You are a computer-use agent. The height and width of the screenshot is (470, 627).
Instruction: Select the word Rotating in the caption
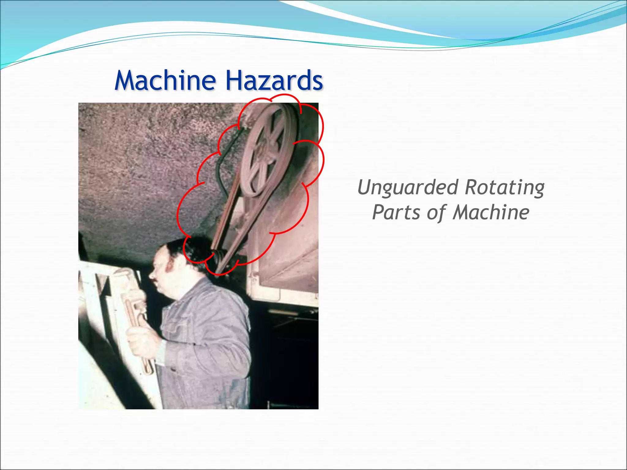(x=505, y=187)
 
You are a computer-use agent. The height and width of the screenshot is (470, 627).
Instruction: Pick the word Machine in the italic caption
(x=491, y=212)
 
